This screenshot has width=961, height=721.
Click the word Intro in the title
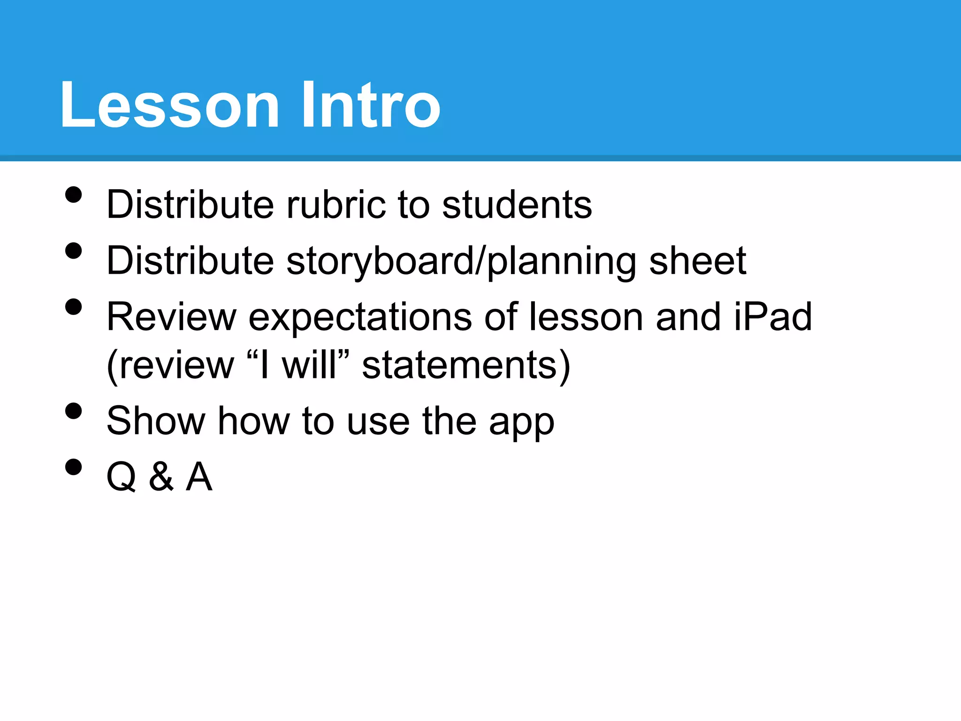(x=370, y=105)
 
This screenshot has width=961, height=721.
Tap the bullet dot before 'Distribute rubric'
(x=74, y=195)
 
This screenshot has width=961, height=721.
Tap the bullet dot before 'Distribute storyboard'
(x=74, y=251)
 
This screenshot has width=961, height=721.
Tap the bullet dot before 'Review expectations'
(x=74, y=307)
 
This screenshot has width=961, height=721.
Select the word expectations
(x=360, y=318)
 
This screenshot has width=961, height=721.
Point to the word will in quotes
(x=309, y=365)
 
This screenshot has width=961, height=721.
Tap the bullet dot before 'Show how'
(x=74, y=411)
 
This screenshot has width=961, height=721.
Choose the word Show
(x=156, y=421)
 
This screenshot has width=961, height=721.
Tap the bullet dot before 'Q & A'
(x=74, y=467)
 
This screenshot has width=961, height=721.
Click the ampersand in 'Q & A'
(x=161, y=477)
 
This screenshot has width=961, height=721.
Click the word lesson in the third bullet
(x=586, y=317)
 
